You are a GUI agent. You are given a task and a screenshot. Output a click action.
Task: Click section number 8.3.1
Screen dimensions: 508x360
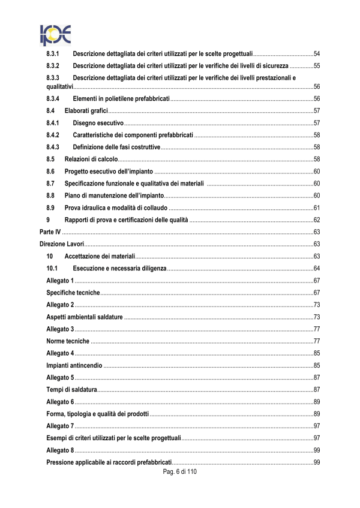[53, 54]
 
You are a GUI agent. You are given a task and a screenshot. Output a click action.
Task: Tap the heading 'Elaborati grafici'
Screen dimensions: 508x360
[86, 111]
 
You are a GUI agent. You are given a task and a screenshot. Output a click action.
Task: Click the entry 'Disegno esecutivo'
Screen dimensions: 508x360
[98, 123]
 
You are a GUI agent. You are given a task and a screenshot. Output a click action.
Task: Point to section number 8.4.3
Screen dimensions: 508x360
[53, 147]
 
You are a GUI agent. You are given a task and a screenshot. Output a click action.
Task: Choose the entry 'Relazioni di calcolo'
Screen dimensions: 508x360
[91, 159]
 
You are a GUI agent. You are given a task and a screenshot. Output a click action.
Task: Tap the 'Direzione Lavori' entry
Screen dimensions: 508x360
[62, 244]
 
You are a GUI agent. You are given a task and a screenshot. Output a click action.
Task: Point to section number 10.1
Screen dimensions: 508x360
[52, 267]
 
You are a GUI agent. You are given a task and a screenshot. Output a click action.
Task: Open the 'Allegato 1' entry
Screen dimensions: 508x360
[60, 281]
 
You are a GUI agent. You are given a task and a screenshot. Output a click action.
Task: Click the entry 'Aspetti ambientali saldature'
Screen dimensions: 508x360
[85, 317]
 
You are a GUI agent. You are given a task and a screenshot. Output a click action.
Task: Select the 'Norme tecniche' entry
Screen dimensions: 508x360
[68, 341]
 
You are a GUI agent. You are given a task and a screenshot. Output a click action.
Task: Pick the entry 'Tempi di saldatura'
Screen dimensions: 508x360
[71, 389]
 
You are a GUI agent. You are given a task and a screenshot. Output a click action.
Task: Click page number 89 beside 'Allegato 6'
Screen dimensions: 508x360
[316, 401]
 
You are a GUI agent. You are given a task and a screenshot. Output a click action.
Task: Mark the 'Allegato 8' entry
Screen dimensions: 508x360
[60, 450]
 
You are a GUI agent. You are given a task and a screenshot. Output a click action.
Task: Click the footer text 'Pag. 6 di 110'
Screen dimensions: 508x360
[179, 472]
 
